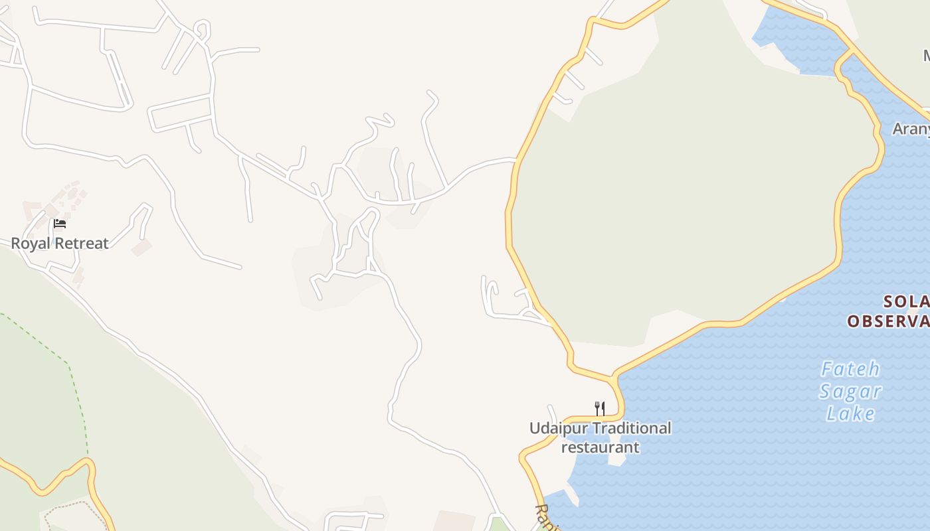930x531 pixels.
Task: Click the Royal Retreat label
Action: pyautogui.click(x=60, y=244)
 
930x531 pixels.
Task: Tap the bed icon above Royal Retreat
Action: pyautogui.click(x=60, y=224)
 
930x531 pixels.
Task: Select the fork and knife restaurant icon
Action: pyautogui.click(x=599, y=408)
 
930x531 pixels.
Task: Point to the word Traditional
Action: pyautogui.click(x=632, y=429)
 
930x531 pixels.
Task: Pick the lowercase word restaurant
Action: pyautogui.click(x=600, y=447)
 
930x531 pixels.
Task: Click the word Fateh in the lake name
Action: pyautogui.click(x=850, y=369)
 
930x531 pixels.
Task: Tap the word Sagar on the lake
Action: pyautogui.click(x=850, y=392)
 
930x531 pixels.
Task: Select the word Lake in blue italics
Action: pyautogui.click(x=850, y=414)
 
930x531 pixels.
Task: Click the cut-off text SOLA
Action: pyautogui.click(x=906, y=303)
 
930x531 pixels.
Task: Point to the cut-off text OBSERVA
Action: pyautogui.click(x=887, y=322)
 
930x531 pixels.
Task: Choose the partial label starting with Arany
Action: pyautogui.click(x=911, y=129)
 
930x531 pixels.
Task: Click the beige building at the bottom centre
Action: pyautogui.click(x=454, y=521)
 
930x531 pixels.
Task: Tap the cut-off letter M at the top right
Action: pyautogui.click(x=926, y=56)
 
